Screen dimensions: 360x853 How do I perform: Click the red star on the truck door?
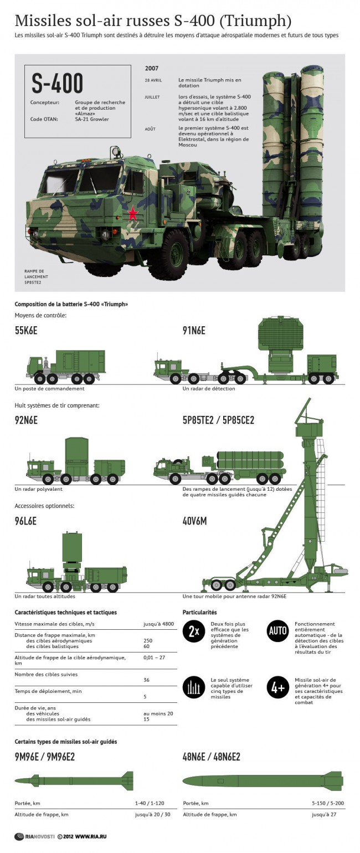pos(132,213)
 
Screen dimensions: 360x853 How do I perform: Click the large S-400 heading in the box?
pos(57,83)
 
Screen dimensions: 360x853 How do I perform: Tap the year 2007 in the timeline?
pos(152,68)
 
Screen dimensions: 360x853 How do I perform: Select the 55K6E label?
pos(26,330)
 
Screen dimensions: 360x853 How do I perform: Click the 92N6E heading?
pos(26,420)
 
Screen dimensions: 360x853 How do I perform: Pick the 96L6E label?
pos(25,521)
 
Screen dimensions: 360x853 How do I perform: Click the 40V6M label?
pos(194,521)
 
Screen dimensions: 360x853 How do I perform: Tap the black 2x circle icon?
pos(194,631)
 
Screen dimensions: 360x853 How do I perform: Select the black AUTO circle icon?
pos(277,631)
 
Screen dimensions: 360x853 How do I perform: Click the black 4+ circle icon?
pos(277,687)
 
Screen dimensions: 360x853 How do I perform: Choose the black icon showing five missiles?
pos(194,687)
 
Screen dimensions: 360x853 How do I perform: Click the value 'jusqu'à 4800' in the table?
pos(158,624)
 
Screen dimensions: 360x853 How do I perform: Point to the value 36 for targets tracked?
pos(147,680)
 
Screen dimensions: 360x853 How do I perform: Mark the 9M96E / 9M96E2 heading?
pos(44,757)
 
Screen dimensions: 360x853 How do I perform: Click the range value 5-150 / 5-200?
pos(328,803)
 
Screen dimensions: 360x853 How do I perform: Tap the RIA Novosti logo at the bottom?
pos(35,836)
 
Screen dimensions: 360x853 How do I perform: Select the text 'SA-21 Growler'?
pos(92,119)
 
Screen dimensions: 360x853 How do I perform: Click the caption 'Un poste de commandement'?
pos(49,389)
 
